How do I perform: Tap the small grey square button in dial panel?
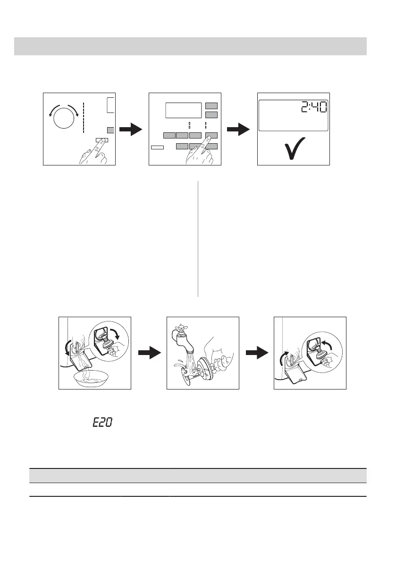[x=110, y=130]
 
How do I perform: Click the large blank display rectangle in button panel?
[x=184, y=111]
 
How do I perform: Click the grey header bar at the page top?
[x=190, y=46]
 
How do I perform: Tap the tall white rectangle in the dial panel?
[x=110, y=105]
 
